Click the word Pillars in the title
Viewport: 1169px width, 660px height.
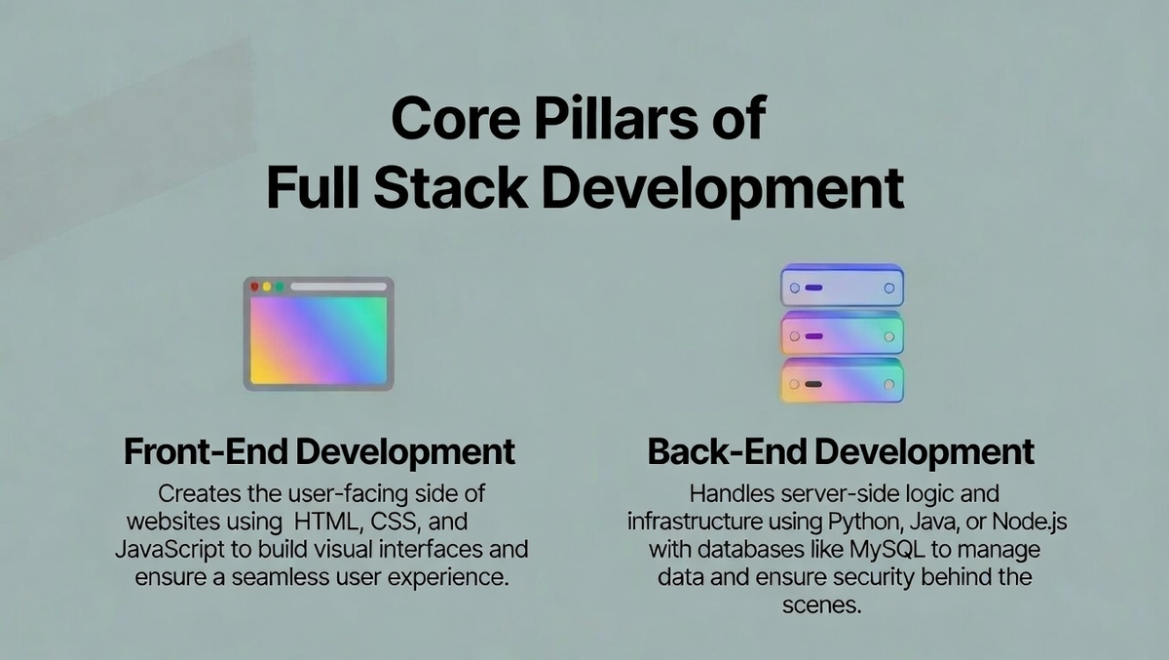pyautogui.click(x=616, y=118)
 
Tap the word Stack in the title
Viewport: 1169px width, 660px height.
pyautogui.click(x=450, y=187)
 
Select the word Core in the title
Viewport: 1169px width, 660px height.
pyautogui.click(x=456, y=118)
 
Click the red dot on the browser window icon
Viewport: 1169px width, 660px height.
pyautogui.click(x=254, y=287)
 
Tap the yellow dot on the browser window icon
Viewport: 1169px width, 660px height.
pyautogui.click(x=267, y=287)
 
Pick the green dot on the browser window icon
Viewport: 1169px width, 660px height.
pyautogui.click(x=280, y=287)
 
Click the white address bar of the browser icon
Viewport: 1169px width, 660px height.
pyautogui.click(x=338, y=287)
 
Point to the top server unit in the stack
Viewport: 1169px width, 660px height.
pyautogui.click(x=842, y=286)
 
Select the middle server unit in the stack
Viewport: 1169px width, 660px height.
pyautogui.click(x=842, y=333)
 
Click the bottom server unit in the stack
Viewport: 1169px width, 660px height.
pyautogui.click(x=842, y=381)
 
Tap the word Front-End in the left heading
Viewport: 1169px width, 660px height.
pyautogui.click(x=206, y=451)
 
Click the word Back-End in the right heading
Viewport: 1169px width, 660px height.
pyautogui.click(x=727, y=451)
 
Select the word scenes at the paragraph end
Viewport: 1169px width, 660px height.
pyautogui.click(x=821, y=605)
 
